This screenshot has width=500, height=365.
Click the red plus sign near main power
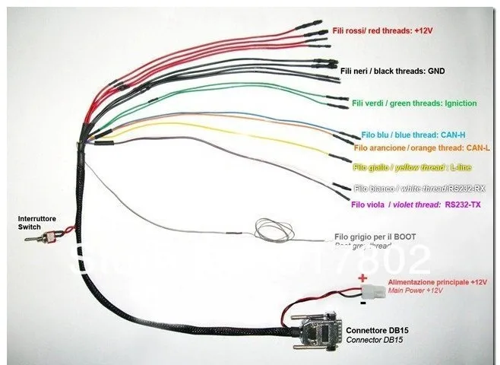(362, 278)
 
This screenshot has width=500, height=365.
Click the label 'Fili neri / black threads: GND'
(392, 71)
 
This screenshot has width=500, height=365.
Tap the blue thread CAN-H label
(403, 134)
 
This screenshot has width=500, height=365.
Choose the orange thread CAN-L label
(422, 148)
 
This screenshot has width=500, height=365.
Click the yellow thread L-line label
(413, 166)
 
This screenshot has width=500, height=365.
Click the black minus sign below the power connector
(363, 303)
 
